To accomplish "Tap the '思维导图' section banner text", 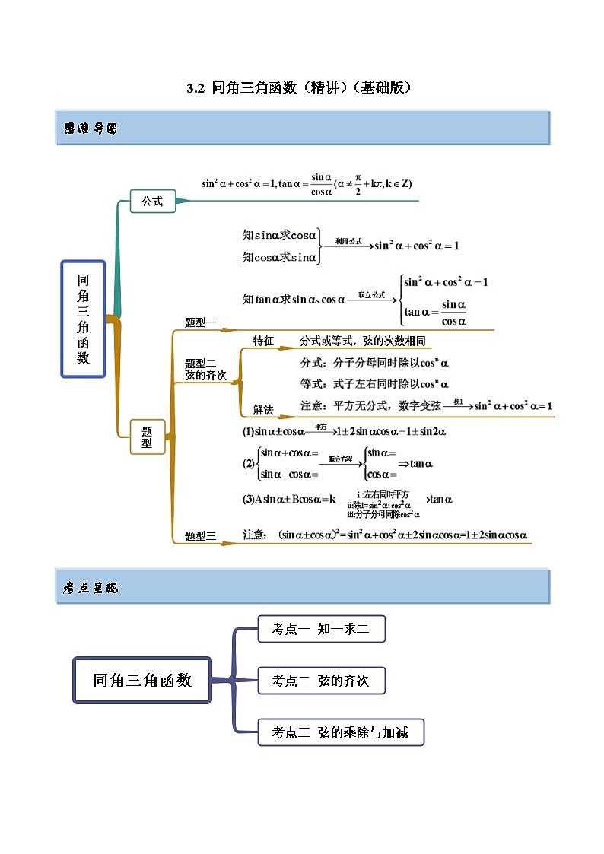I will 91,129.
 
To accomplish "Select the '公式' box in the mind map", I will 152,202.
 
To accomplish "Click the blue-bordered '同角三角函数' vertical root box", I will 83,319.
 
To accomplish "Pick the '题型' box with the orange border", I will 147,437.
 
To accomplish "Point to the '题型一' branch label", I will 201,322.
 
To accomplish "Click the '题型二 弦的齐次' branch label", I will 205,370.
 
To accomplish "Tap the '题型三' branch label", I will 201,536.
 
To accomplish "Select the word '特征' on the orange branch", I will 263,341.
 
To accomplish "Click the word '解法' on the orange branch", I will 263,409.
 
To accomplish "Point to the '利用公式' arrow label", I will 348,241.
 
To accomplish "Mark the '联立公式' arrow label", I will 372,295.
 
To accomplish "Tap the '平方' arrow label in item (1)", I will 319,427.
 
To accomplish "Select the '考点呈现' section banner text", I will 91,588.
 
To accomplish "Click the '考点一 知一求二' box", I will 321,629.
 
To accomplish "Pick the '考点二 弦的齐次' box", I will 321,681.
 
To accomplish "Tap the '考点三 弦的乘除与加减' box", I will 340,732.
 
